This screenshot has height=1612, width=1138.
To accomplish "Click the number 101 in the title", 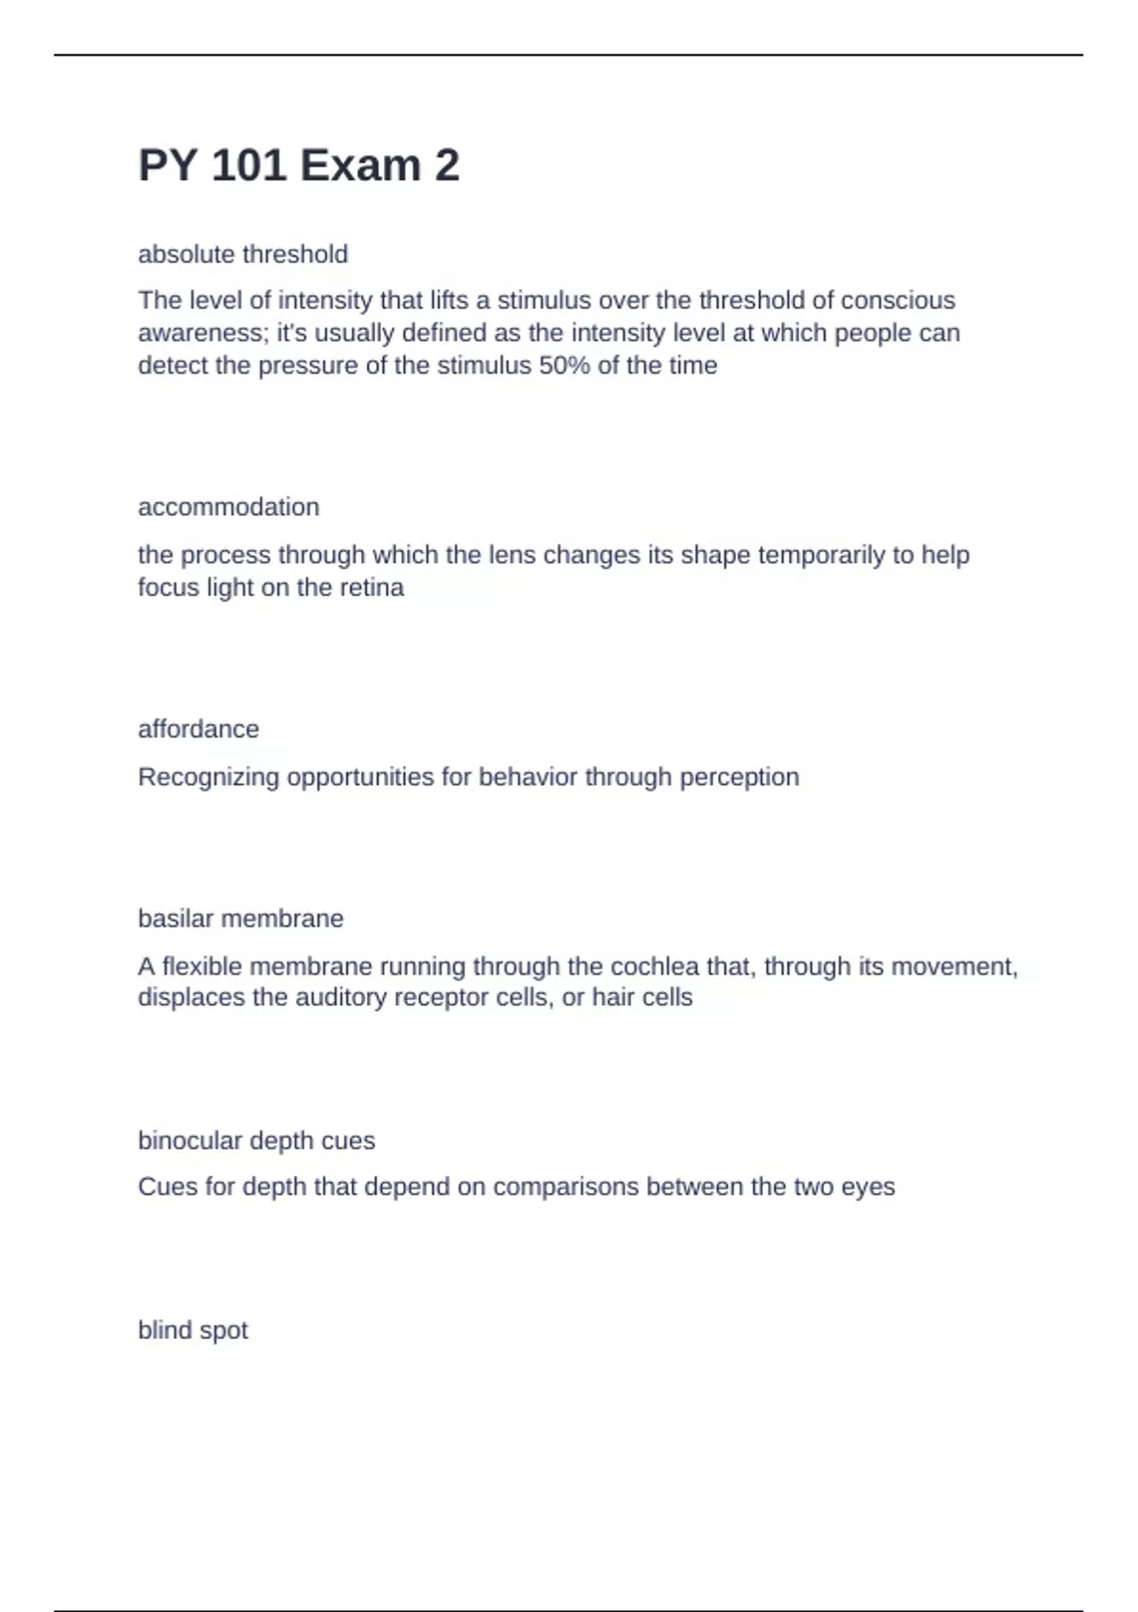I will pyautogui.click(x=248, y=166).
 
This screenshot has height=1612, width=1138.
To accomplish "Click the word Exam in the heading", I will pyautogui.click(x=360, y=166).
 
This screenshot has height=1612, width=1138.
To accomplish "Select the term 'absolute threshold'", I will pyautogui.click(x=243, y=254).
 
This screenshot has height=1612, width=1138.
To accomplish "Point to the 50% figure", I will pyautogui.click(x=565, y=366).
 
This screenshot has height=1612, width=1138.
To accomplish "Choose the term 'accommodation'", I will pyautogui.click(x=229, y=507).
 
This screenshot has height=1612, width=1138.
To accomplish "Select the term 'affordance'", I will pyautogui.click(x=198, y=729).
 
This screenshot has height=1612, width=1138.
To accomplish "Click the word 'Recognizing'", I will pyautogui.click(x=209, y=778).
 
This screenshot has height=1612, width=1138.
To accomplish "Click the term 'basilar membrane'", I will pyautogui.click(x=241, y=919).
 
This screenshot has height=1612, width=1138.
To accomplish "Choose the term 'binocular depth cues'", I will pyautogui.click(x=256, y=1141).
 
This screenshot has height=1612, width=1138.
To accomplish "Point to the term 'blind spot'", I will pyautogui.click(x=193, y=1330).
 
